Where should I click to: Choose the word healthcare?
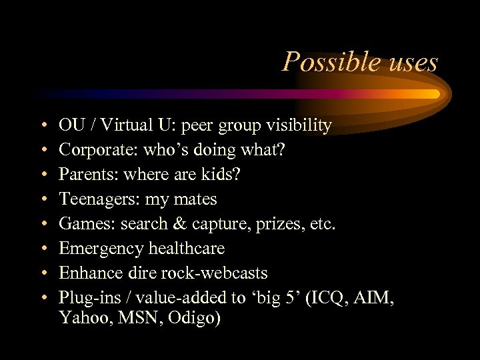tap(187, 249)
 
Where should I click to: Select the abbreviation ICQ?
tap(328, 298)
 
